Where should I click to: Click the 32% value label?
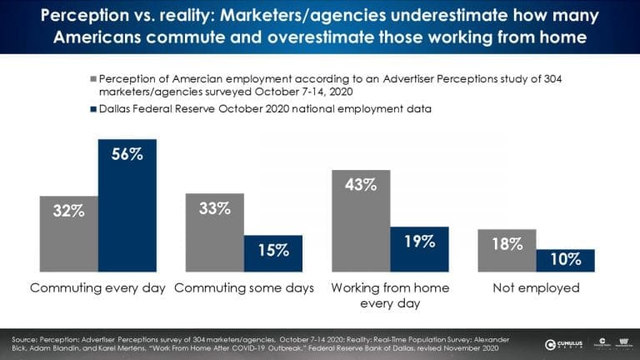point(69,210)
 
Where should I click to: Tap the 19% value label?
point(419,242)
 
